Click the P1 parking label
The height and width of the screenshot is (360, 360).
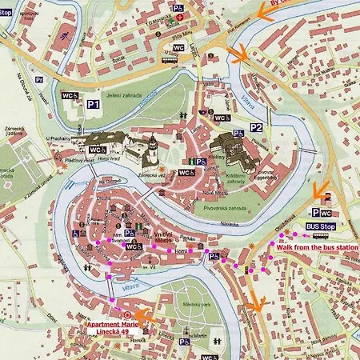(x=94, y=103)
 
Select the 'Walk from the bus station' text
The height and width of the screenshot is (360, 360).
(x=318, y=247)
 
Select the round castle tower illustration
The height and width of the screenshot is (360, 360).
(x=150, y=150)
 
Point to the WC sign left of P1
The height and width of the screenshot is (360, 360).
(x=69, y=96)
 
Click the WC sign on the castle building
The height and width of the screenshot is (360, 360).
(x=97, y=150)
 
